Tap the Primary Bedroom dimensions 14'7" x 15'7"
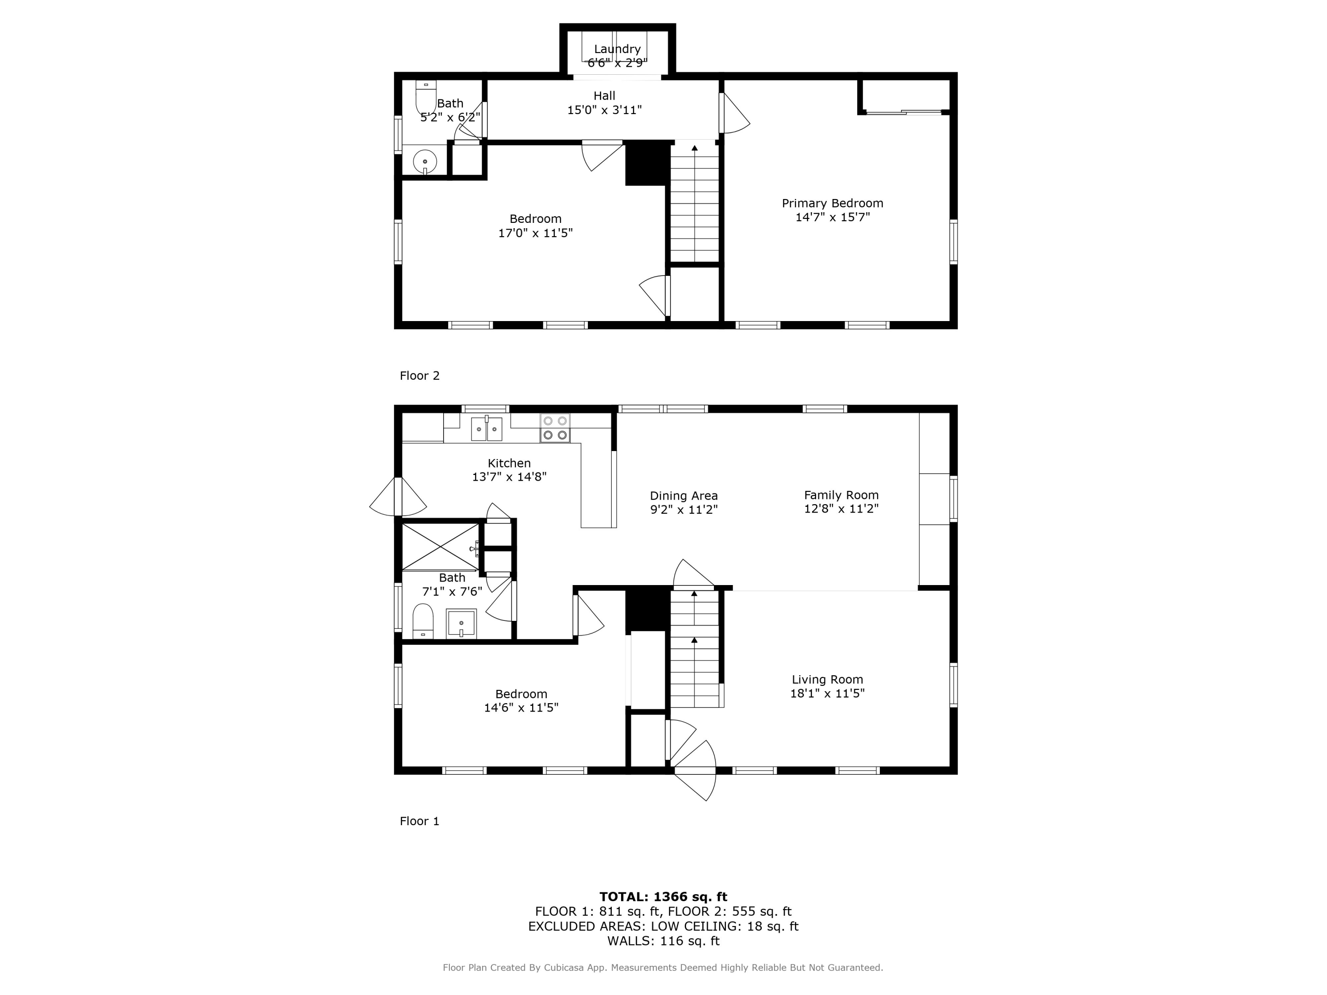point(832,217)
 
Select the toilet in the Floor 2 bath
point(426,97)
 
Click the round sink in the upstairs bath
point(425,161)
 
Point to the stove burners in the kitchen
point(555,428)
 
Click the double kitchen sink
point(486,429)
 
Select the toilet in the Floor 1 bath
point(423,621)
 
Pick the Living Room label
point(827,680)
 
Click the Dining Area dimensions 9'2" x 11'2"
point(684,510)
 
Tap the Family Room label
point(841,495)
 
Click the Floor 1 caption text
point(419,821)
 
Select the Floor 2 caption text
point(419,375)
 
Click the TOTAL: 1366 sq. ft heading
point(663,897)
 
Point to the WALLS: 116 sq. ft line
point(663,941)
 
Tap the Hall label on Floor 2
point(604,96)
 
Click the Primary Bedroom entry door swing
point(735,114)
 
